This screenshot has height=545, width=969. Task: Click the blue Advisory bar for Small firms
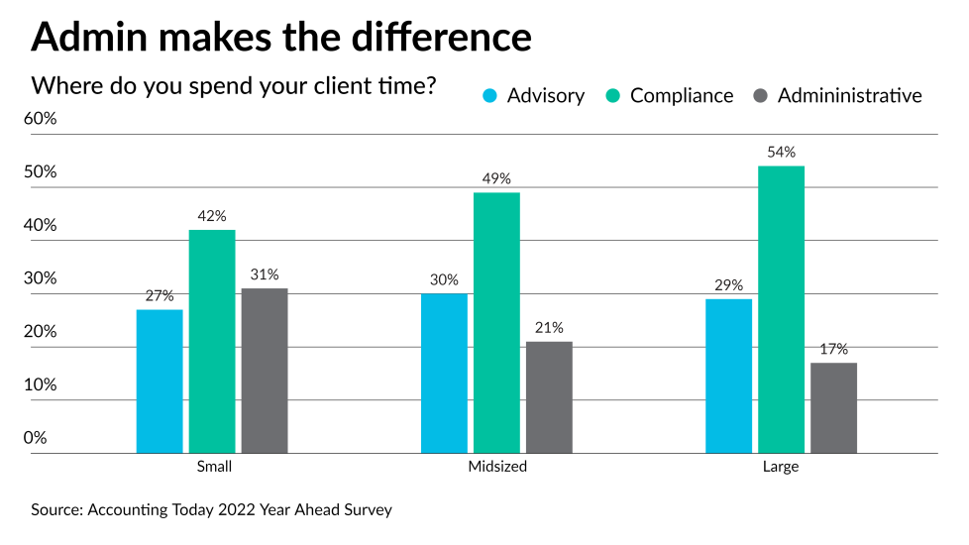click(160, 381)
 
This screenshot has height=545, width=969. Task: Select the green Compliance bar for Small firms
click(212, 342)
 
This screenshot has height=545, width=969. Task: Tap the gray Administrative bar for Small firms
click(265, 371)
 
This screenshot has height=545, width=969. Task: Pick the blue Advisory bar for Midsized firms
click(444, 374)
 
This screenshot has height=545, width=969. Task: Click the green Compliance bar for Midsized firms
click(496, 323)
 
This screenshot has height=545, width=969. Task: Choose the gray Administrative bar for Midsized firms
click(549, 397)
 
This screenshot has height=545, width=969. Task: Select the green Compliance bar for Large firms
click(781, 309)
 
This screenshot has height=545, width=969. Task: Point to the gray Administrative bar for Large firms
click(833, 408)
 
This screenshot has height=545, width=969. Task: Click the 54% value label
click(781, 153)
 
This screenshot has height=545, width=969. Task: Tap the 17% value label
click(833, 350)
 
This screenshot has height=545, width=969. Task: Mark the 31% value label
click(265, 274)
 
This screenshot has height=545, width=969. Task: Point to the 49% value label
click(496, 179)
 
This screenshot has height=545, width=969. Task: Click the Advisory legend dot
click(489, 96)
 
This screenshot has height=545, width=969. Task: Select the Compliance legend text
click(682, 96)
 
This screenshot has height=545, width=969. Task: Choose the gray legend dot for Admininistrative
click(760, 96)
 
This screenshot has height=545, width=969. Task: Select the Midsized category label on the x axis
click(496, 467)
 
